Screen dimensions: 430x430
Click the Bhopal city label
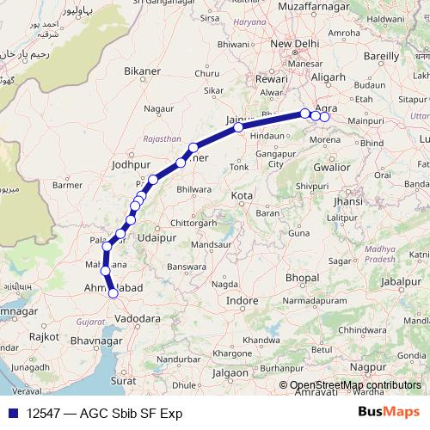(302, 279)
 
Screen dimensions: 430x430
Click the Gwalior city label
(331, 168)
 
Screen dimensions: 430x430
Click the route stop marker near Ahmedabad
(113, 294)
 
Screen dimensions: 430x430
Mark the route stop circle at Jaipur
(238, 127)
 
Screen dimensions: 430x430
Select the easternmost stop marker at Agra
(324, 117)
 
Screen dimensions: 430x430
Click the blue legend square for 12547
(8, 413)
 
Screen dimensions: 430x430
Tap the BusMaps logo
(389, 413)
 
